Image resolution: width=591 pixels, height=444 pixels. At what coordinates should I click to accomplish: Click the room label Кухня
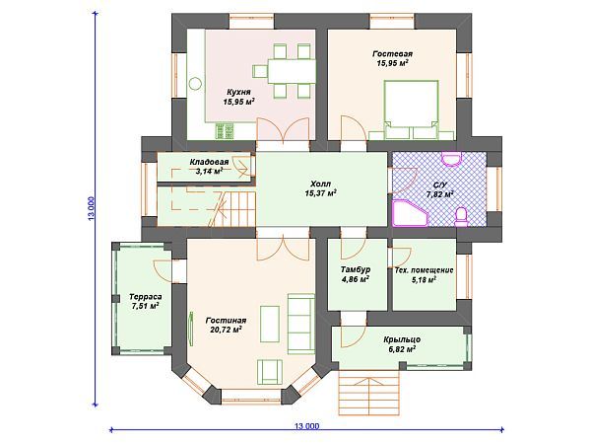pos(238,92)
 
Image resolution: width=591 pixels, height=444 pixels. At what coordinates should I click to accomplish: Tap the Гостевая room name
pos(392,54)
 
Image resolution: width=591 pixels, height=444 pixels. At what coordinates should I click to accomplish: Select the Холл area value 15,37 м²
pos(320,193)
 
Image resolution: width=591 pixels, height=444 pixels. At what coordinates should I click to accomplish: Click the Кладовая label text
pos(209,162)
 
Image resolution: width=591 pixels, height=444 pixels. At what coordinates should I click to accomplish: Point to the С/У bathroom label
pos(439,185)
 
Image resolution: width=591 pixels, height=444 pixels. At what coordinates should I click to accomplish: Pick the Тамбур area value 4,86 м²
pos(355,280)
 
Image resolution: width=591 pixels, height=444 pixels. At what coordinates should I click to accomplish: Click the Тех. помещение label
pos(424,270)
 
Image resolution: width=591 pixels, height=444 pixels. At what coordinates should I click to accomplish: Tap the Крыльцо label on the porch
pos(402,339)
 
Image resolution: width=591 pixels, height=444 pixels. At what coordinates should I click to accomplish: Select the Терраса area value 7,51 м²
pos(145,306)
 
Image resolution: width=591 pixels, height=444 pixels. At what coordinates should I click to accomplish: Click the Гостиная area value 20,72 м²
pos(226,330)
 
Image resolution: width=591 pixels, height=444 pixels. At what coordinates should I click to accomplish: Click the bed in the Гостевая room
pos(411,110)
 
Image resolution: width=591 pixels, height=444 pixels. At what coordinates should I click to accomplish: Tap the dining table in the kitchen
pos(293,71)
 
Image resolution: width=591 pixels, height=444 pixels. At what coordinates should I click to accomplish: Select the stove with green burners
pos(225,131)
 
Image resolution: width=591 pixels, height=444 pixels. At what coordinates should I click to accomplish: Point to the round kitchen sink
pos(195,84)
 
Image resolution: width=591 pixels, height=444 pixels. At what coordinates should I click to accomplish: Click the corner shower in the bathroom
pos(411,213)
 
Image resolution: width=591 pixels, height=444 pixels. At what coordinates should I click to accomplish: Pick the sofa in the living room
pos(300,324)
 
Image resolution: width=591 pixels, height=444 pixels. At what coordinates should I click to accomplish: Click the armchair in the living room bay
pos(270,372)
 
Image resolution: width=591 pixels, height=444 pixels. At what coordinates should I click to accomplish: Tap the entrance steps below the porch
pos(368,393)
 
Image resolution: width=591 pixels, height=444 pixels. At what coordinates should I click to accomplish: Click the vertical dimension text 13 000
pos(92,208)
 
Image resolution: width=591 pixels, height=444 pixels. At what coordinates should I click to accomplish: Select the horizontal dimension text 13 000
pos(306,426)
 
